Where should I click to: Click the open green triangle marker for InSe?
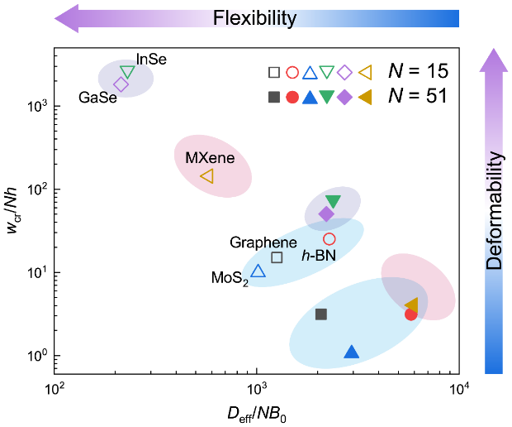click(127, 72)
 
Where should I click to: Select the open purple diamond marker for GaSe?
click(121, 84)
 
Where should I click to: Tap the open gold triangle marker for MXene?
click(207, 176)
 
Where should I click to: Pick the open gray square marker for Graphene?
click(277, 257)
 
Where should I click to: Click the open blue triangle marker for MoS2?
click(258, 271)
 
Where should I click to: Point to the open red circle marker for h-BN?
click(329, 239)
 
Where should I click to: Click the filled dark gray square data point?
click(321, 314)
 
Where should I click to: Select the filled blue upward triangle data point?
click(351, 352)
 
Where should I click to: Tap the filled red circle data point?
click(410, 314)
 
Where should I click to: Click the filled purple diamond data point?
click(326, 213)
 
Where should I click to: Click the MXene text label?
click(211, 157)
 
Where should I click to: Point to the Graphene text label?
click(264, 242)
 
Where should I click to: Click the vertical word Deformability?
click(494, 211)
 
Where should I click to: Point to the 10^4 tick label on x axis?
click(459, 389)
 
